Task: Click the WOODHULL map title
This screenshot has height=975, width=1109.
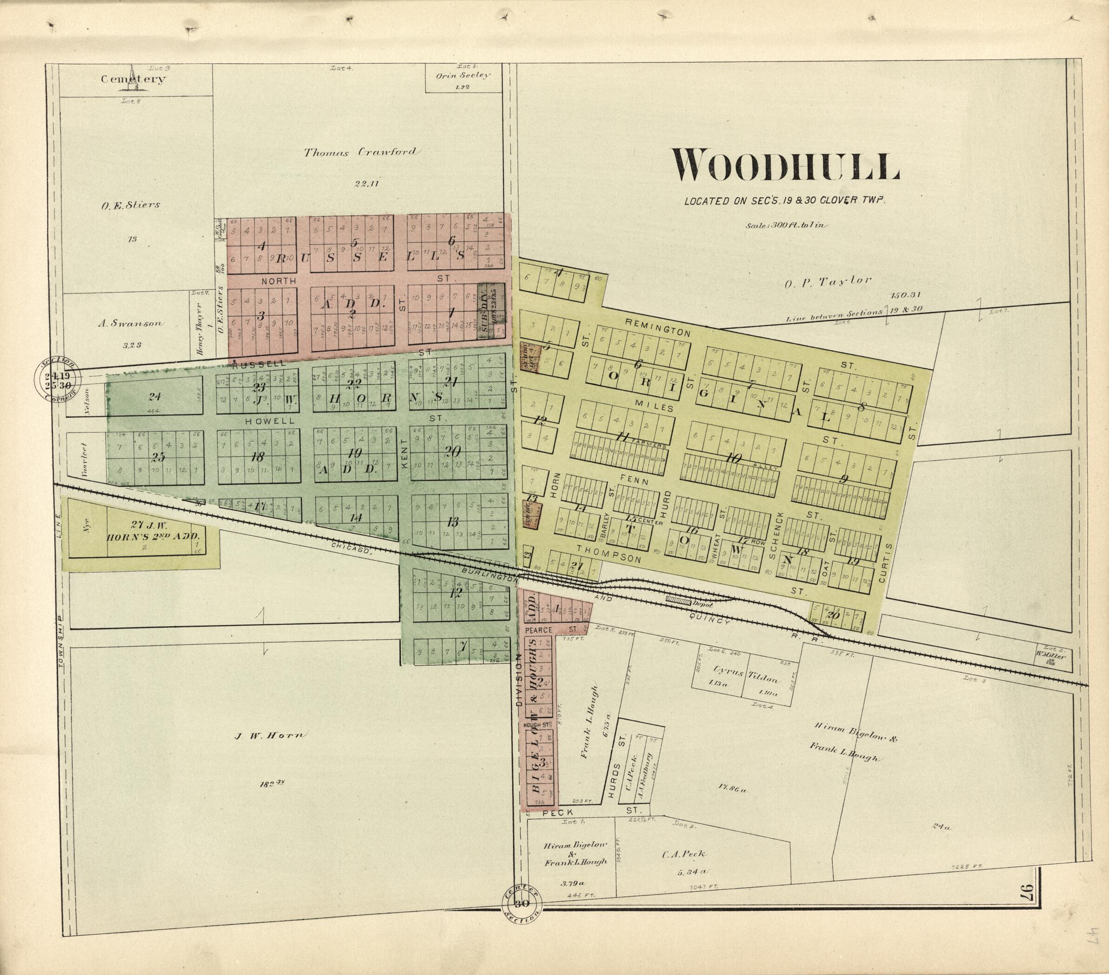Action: click(x=786, y=166)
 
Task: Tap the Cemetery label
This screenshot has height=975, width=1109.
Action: click(x=134, y=79)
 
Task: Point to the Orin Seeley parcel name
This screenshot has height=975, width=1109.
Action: click(x=463, y=76)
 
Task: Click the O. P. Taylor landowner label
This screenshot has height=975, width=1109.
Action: click(x=828, y=281)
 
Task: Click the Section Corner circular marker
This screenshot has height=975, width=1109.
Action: click(x=58, y=379)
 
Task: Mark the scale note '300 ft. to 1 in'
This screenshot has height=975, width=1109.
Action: click(x=787, y=225)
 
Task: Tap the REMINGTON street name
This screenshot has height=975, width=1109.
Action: click(x=658, y=327)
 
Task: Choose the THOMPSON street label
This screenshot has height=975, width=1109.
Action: click(x=609, y=554)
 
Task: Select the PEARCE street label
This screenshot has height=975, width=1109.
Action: click(x=539, y=630)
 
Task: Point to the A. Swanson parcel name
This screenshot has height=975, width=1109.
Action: click(x=130, y=323)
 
